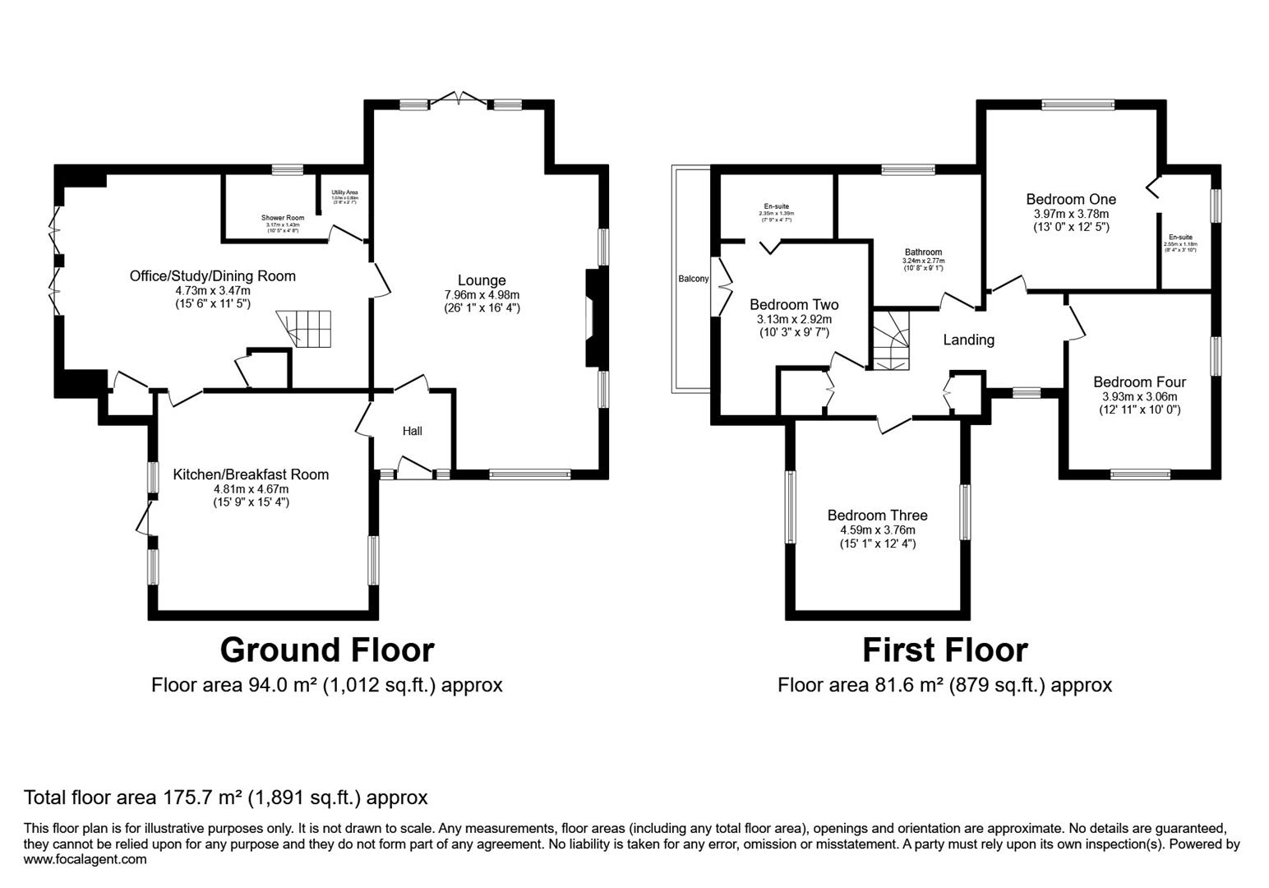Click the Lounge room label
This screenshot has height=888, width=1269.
click(481, 280)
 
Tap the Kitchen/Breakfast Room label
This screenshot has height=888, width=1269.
click(251, 474)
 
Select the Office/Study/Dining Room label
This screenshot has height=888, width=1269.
click(213, 275)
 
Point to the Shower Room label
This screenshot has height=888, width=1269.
click(283, 218)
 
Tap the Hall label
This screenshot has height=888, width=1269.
click(412, 431)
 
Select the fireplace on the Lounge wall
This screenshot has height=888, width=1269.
click(593, 317)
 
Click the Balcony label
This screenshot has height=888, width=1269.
click(693, 279)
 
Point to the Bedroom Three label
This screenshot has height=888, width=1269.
click(877, 516)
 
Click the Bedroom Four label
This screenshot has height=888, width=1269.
click(1139, 382)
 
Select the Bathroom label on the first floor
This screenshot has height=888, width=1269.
click(923, 252)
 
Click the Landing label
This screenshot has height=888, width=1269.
click(968, 340)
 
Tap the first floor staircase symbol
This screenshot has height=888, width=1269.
click(891, 340)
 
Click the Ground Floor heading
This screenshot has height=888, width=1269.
click(326, 650)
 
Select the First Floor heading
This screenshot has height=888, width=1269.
click(944, 650)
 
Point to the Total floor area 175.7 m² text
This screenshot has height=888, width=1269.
click(226, 797)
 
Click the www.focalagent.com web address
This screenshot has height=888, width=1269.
click(85, 859)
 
